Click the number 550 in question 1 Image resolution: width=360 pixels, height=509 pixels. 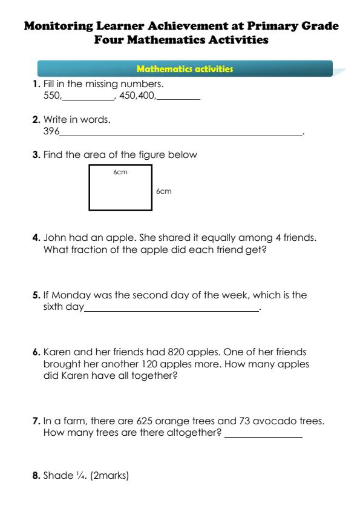pyautogui.click(x=52, y=96)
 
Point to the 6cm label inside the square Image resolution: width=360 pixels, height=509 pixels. pyautogui.click(x=120, y=172)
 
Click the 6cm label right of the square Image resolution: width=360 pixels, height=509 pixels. pyautogui.click(x=163, y=191)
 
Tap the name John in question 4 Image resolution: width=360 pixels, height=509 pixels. pyautogui.click(x=54, y=237)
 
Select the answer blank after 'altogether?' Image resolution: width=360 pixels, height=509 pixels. pyautogui.click(x=263, y=436)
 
